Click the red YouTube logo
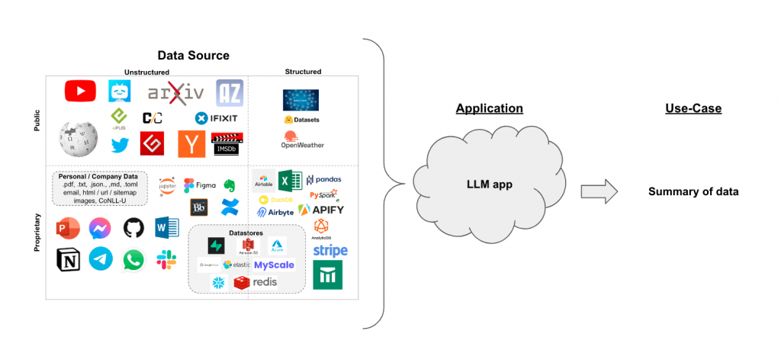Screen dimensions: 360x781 [80, 92]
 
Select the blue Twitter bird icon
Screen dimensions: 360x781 [120, 144]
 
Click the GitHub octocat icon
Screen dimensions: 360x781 [133, 228]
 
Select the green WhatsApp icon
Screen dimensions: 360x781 [133, 260]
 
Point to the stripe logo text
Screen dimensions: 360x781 [329, 250]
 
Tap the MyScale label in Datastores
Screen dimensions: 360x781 [274, 265]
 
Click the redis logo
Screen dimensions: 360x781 [256, 282]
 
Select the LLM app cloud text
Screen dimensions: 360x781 [488, 185]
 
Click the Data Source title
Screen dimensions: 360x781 [193, 56]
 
